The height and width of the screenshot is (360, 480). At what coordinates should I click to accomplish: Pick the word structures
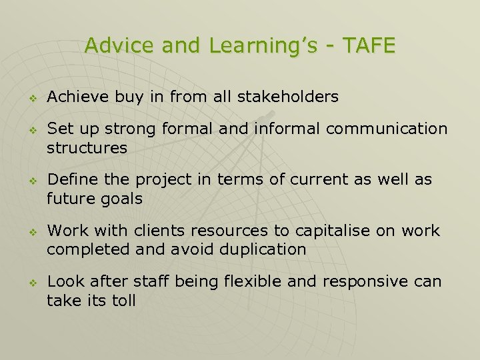[87, 148]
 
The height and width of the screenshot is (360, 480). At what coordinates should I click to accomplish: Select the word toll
[124, 301]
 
